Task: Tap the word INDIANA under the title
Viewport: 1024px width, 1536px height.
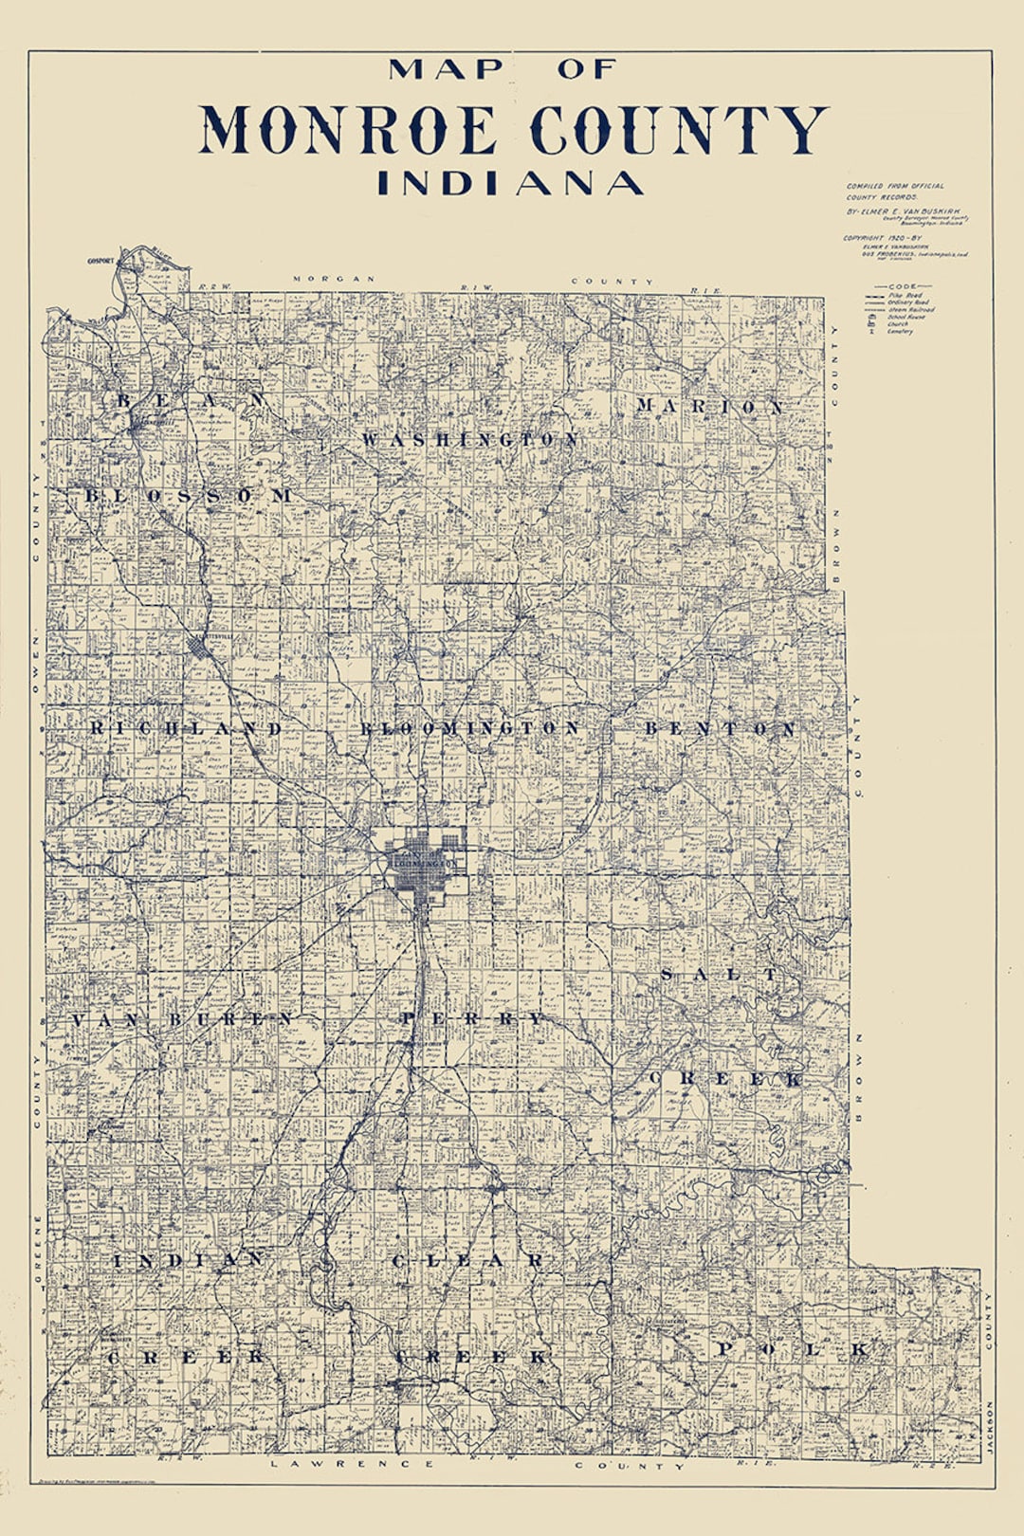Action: (510, 183)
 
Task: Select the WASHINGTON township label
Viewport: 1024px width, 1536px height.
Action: (470, 440)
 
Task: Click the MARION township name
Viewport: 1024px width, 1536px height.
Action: (710, 407)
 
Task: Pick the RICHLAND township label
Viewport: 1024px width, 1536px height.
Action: (186, 728)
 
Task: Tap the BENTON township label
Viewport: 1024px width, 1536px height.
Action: (721, 728)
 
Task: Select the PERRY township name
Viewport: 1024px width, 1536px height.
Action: (472, 1018)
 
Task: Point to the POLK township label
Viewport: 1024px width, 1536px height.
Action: (792, 1349)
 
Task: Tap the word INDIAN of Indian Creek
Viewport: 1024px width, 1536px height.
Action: (189, 1260)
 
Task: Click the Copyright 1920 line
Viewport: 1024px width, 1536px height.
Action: (882, 238)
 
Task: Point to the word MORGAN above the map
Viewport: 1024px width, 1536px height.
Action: (334, 279)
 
